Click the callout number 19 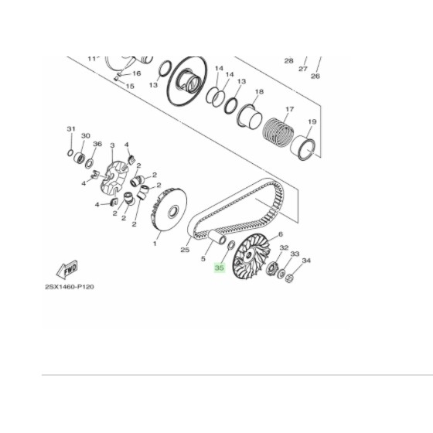pyautogui.click(x=312, y=121)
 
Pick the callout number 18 pyautogui.click(x=259, y=92)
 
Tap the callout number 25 pyautogui.click(x=184, y=250)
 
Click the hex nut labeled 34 pyautogui.click(x=289, y=278)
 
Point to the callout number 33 pyautogui.click(x=294, y=254)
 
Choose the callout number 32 pyautogui.click(x=284, y=248)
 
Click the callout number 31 pyautogui.click(x=70, y=128)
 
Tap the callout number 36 pyautogui.click(x=97, y=144)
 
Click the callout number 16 pyautogui.click(x=136, y=73)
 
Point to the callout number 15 pyautogui.click(x=129, y=86)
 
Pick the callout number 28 pyautogui.click(x=288, y=60)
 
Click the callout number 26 pyautogui.click(x=315, y=76)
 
